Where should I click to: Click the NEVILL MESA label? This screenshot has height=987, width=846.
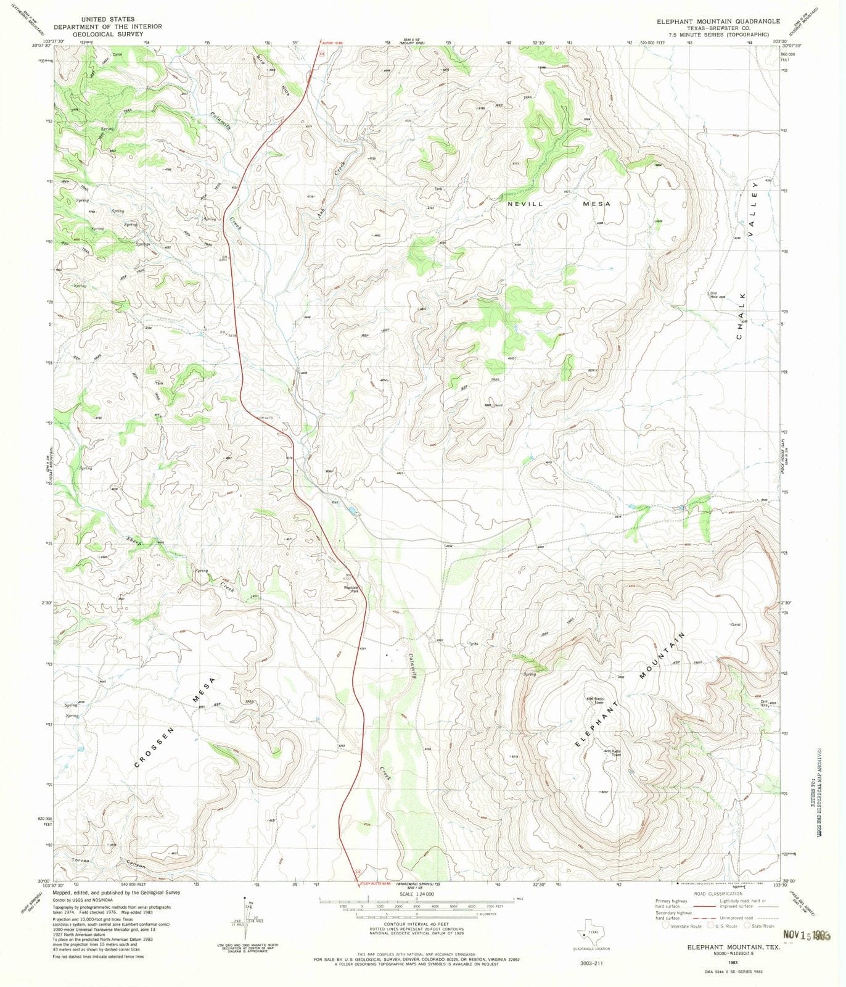coord(559,204)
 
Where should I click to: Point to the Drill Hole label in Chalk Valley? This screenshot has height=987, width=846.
coord(714,295)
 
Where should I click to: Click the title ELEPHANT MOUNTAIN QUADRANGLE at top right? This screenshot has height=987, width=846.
coord(718,21)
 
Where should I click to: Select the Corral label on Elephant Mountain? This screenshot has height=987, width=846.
coord(735,625)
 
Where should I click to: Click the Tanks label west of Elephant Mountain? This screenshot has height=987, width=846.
coord(473,643)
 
